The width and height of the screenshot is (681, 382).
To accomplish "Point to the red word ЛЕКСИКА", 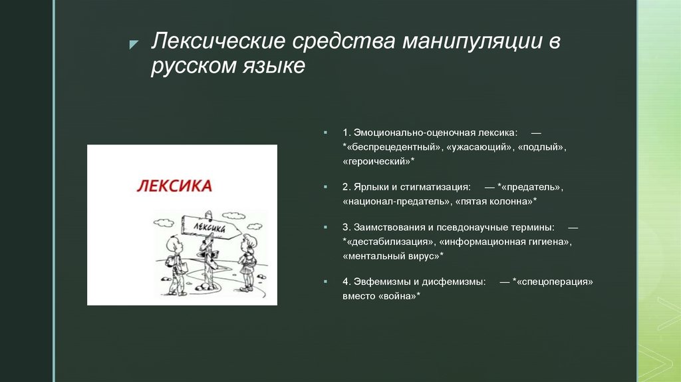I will click(174, 186).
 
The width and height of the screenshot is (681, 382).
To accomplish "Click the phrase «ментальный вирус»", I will click(392, 256).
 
